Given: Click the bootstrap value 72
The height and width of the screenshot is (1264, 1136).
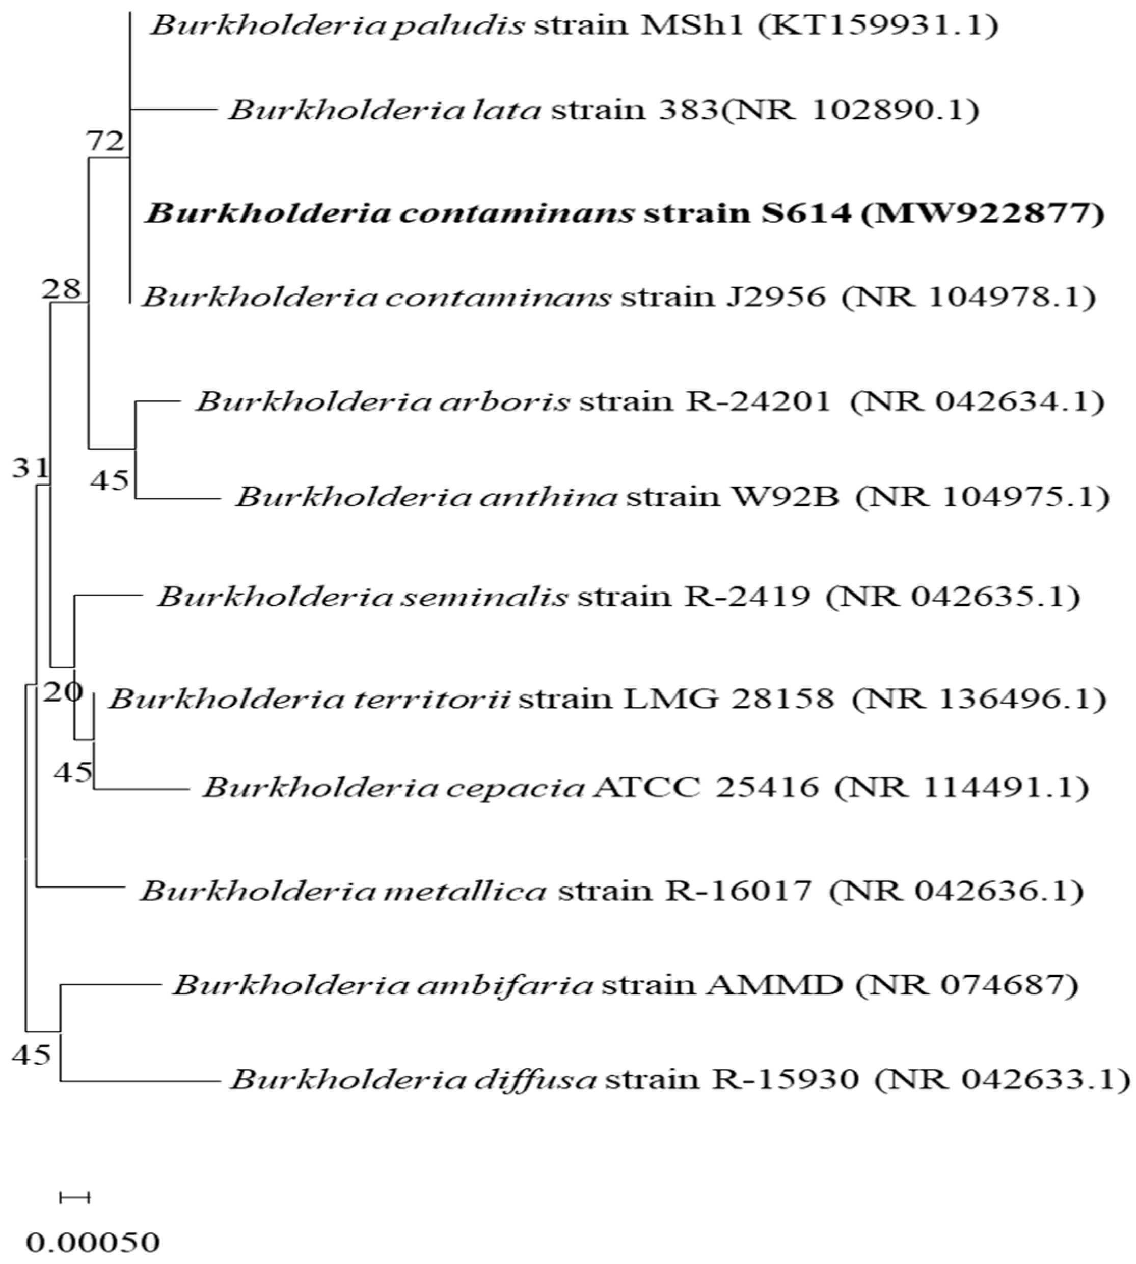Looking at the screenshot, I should [105, 142].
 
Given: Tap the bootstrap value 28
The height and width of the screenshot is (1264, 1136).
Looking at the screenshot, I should [61, 288].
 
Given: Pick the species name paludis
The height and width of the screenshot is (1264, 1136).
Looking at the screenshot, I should [458, 25].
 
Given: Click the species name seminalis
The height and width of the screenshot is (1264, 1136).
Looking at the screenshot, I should [495, 596].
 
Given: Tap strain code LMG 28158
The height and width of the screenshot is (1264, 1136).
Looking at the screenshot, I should [735, 698].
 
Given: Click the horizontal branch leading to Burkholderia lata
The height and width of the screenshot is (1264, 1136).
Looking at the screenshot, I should [172, 110].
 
